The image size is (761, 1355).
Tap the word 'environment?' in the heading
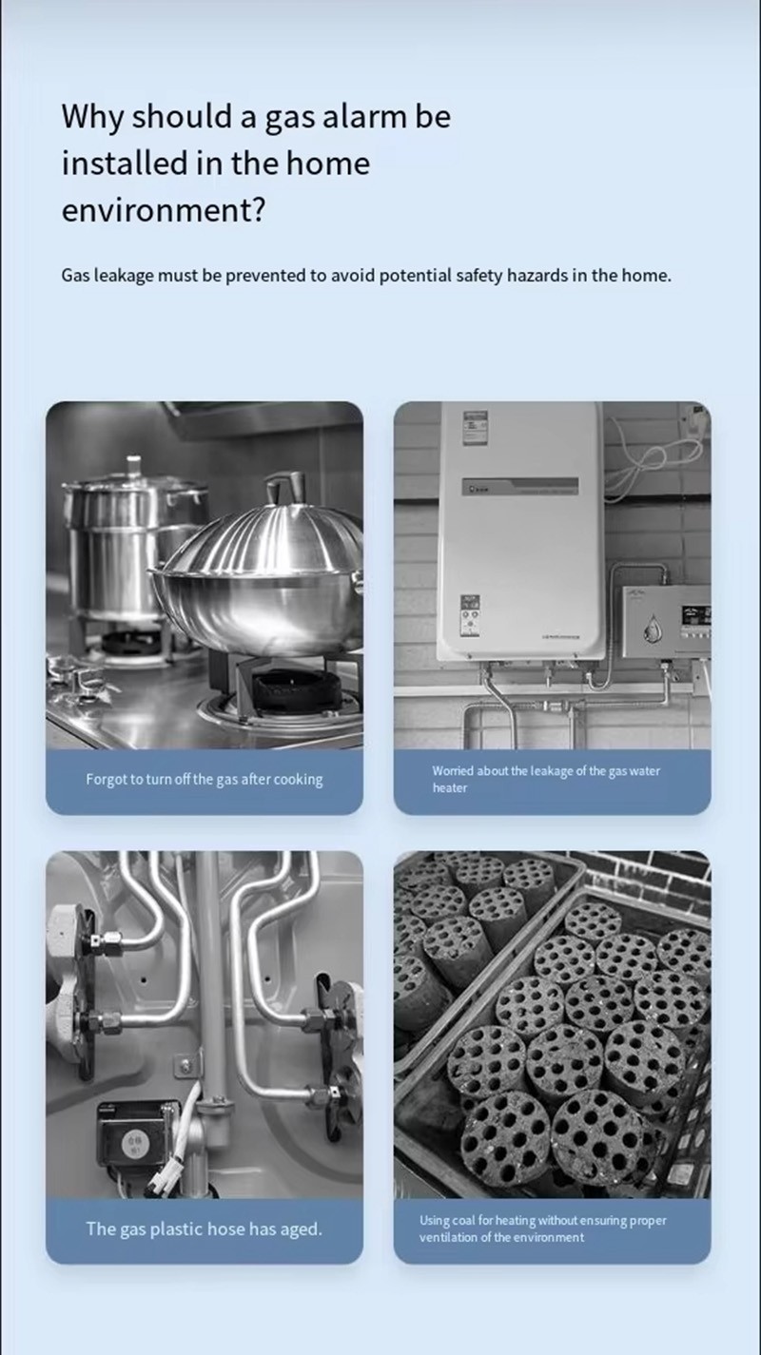pyautogui.click(x=164, y=210)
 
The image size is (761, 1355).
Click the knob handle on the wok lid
pyautogui.click(x=285, y=488)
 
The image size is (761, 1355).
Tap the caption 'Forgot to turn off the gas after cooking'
pyautogui.click(x=205, y=779)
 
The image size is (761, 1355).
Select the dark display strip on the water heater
pyautogui.click(x=520, y=486)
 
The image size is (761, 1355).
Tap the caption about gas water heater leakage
pyautogui.click(x=546, y=779)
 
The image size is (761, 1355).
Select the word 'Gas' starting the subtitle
pyautogui.click(x=75, y=276)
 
